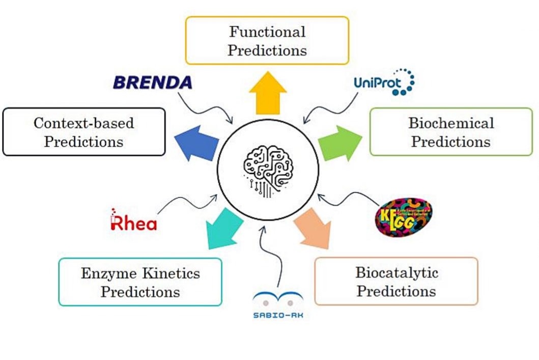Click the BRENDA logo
[x=153, y=82]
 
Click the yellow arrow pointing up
[x=268, y=93]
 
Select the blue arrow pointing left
[x=196, y=142]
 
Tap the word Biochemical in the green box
[x=451, y=123]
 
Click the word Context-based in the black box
[x=84, y=123]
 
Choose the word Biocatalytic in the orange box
[x=396, y=272]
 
